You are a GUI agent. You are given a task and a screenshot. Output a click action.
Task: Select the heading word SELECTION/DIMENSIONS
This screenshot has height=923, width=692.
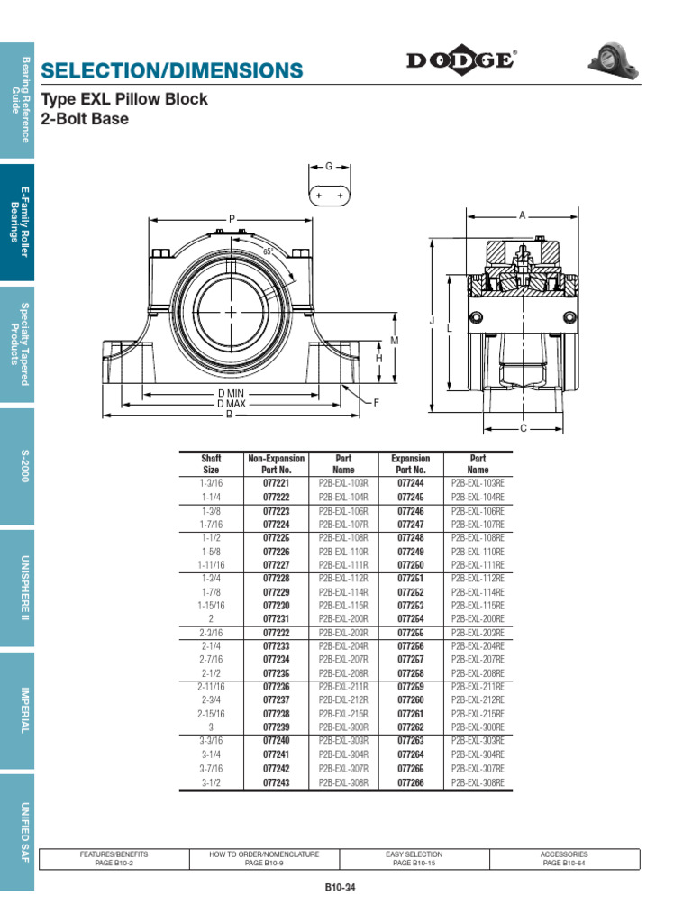click(x=173, y=70)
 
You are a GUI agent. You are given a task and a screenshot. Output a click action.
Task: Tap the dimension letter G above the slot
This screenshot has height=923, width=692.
click(x=329, y=167)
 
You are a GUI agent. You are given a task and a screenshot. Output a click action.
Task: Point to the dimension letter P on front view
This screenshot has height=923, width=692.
click(x=232, y=218)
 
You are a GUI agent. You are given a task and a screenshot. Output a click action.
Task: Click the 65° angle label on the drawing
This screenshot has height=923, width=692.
click(x=268, y=251)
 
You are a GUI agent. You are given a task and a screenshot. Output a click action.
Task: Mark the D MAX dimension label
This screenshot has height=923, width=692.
click(x=232, y=404)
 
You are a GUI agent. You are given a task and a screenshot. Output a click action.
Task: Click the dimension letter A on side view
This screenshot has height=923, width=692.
click(x=522, y=215)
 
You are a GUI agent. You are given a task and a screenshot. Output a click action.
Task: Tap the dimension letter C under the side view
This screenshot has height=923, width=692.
click(x=524, y=428)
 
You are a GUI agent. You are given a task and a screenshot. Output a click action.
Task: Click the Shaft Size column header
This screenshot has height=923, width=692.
click(x=211, y=464)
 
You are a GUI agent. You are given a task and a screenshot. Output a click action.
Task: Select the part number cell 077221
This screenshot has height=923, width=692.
click(x=276, y=483)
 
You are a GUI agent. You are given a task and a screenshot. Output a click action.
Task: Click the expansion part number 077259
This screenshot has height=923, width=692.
click(x=410, y=687)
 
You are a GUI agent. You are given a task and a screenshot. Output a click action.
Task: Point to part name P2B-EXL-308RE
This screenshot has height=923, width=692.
click(x=478, y=782)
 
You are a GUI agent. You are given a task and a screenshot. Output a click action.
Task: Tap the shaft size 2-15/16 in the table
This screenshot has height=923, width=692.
click(x=211, y=714)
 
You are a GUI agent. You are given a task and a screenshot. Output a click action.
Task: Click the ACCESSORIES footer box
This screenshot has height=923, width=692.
click(x=564, y=858)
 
